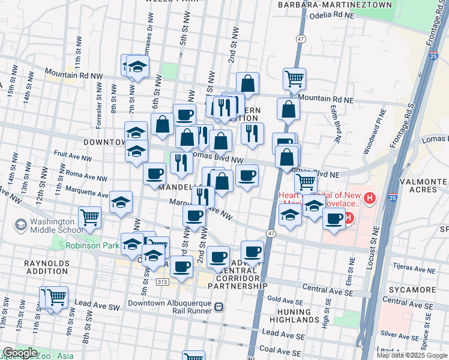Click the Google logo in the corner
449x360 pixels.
click(x=20, y=353)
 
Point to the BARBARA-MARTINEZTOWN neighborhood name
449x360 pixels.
click(x=335, y=5)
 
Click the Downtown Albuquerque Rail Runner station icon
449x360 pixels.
click(x=219, y=307)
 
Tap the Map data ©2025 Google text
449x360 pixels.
click(x=412, y=355)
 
